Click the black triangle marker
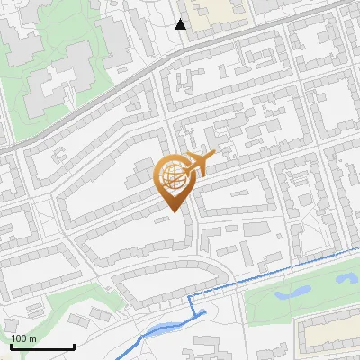pos(181,24)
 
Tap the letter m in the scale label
pos(33,338)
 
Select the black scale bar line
pos(42,346)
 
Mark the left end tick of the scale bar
pos(12,345)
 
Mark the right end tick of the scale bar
pos(74,345)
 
